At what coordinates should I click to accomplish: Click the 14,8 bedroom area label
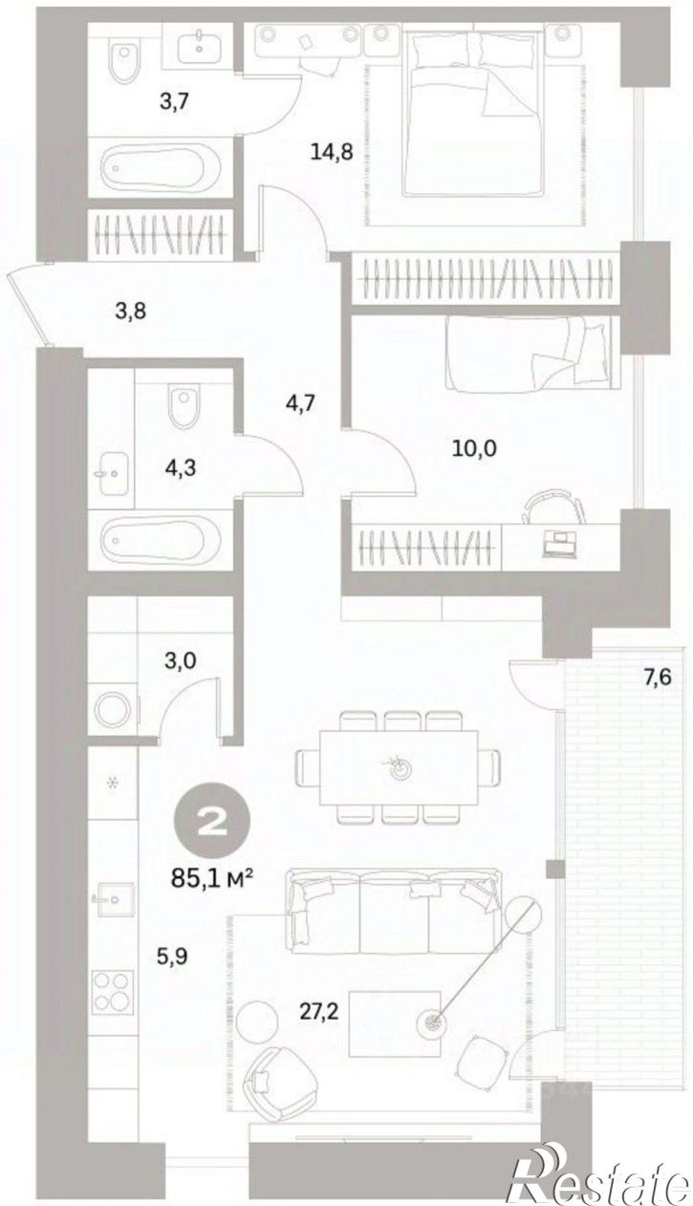click(x=332, y=152)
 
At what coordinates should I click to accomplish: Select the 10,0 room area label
click(x=474, y=448)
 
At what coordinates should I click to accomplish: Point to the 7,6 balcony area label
click(x=658, y=677)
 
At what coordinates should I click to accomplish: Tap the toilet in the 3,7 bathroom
click(x=125, y=59)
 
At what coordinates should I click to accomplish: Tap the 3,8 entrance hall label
click(x=131, y=312)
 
